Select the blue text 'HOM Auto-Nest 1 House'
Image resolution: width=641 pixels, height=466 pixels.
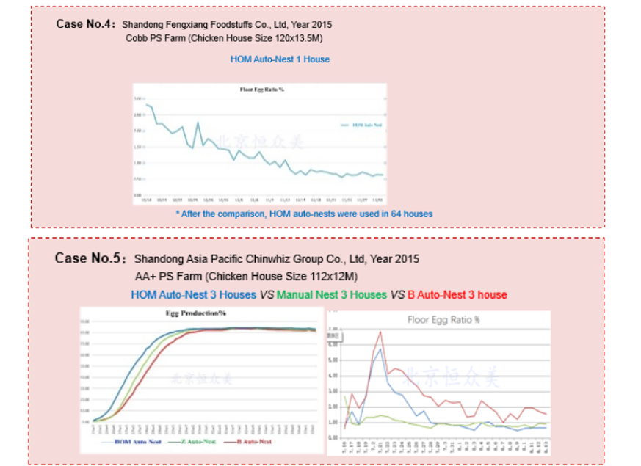coord(280,59)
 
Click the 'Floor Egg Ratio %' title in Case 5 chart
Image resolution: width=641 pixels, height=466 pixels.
coord(443,320)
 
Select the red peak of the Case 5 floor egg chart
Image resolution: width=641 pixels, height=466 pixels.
coord(380,332)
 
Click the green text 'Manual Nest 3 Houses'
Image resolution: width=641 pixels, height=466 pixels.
coord(331,294)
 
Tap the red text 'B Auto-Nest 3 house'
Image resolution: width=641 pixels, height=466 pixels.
coord(457,294)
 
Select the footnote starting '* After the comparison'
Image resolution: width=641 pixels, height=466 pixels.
coord(304,214)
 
